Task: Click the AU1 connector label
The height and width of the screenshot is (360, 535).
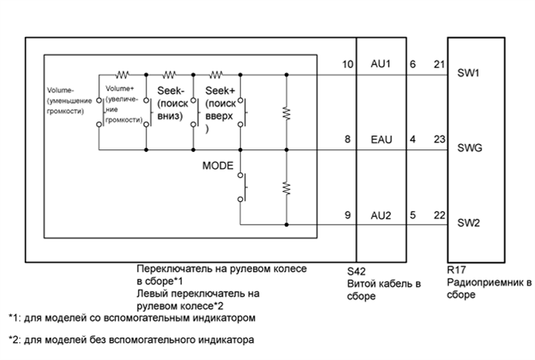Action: tap(380, 64)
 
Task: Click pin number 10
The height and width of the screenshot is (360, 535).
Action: tap(346, 64)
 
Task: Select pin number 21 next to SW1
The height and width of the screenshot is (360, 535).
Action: tap(439, 64)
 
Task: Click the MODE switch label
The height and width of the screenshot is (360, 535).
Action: tap(218, 166)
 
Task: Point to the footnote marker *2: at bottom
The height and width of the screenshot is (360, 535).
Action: tap(14, 339)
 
